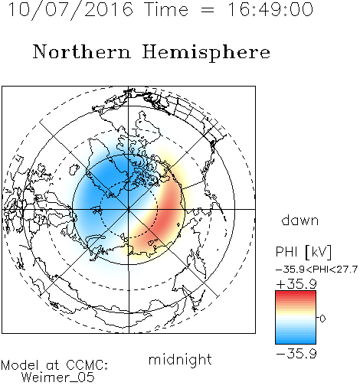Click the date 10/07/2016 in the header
tap(70, 9)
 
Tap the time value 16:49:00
tap(270, 9)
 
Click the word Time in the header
tap(166, 9)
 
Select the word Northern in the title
tap(81, 51)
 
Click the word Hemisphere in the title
tap(206, 53)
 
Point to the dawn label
tap(300, 220)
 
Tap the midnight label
tap(180, 360)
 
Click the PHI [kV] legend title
tap(303, 252)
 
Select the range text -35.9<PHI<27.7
tap(316, 270)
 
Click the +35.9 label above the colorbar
tap(296, 284)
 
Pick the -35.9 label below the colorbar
tap(296, 354)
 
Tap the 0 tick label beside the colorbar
tap(322, 319)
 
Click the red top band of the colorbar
tap(296, 294)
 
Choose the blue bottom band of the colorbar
tap(296, 340)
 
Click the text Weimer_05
tap(58, 378)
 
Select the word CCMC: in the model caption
tap(87, 365)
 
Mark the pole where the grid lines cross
tap(129, 209)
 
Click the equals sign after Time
tap(207, 10)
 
